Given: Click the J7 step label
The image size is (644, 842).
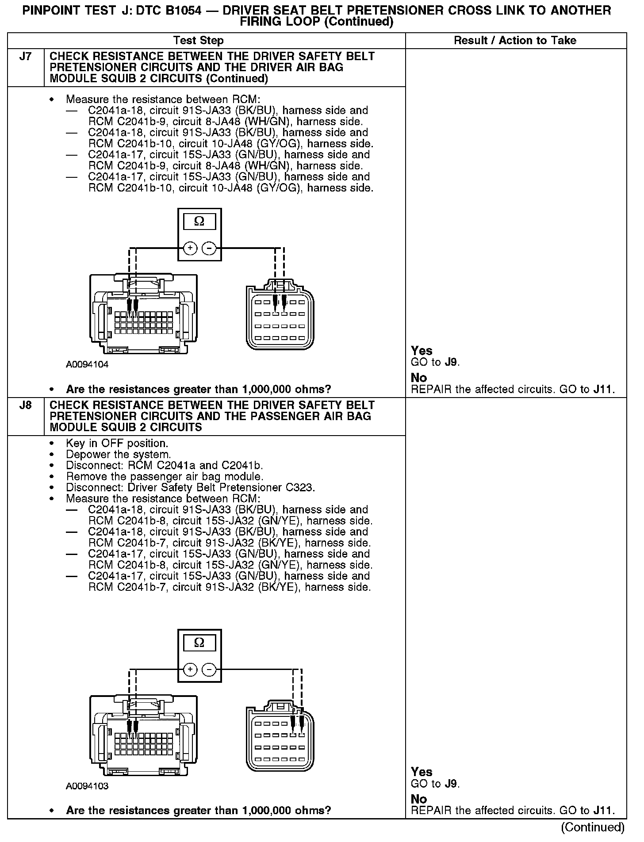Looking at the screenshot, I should point(26,57).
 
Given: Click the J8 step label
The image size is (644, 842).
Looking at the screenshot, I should point(26,406).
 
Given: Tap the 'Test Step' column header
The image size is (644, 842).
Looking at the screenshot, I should point(199,41).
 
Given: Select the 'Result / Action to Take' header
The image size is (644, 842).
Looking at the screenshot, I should point(515,41).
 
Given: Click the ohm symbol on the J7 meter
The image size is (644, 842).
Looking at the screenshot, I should point(199,222).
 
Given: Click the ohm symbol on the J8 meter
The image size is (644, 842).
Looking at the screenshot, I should point(199,643).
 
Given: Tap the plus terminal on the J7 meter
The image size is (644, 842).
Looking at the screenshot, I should point(190,249).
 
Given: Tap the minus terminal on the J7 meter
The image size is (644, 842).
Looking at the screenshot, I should point(209,249).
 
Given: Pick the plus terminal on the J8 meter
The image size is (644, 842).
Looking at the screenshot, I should point(190,670).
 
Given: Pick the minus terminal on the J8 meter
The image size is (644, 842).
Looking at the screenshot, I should point(209,670).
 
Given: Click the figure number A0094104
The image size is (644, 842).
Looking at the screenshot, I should point(87,365).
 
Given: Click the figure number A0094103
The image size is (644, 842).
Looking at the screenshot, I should point(87,786).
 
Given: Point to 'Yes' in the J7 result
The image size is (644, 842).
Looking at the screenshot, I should point(422,351).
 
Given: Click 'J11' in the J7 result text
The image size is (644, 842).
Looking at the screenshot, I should point(603,390).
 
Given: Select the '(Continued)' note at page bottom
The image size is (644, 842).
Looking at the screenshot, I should point(593,827).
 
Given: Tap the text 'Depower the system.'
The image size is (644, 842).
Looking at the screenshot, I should point(118,455).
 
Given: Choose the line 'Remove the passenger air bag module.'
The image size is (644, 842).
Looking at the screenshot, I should point(165,477).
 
